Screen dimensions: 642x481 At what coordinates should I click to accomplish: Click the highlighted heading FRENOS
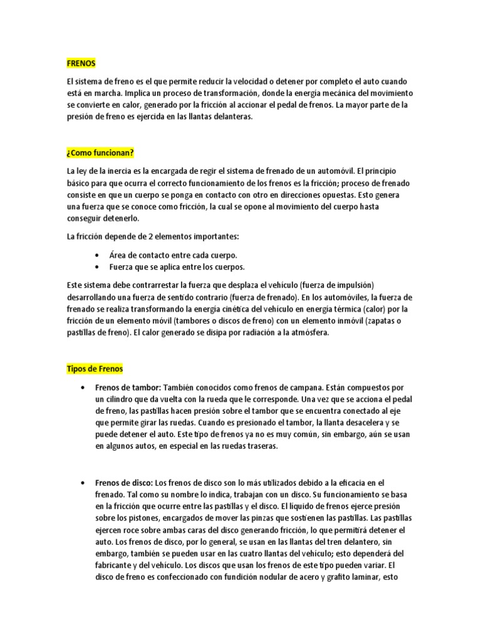tap(81, 63)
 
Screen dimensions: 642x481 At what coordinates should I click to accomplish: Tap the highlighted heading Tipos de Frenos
tap(95, 369)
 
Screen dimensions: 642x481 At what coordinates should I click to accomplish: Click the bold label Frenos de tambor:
tap(128, 387)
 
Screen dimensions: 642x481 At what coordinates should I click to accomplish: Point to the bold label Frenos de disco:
tap(124, 483)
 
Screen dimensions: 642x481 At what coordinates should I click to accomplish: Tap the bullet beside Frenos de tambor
tap(83, 387)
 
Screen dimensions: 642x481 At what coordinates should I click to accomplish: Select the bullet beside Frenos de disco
tap(83, 483)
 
